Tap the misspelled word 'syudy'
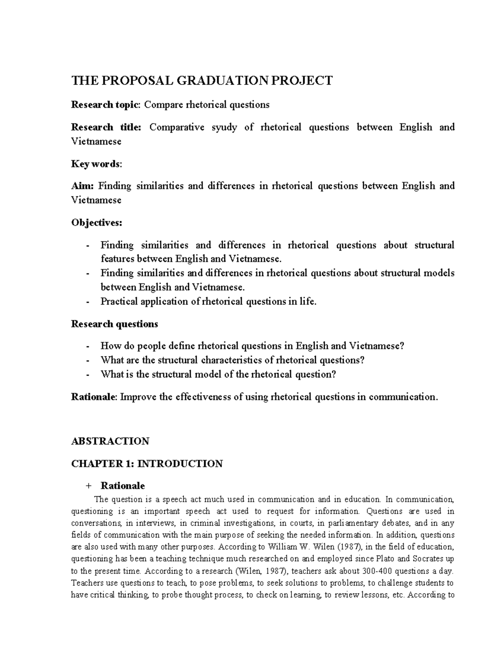click(x=225, y=127)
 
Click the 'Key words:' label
click(x=97, y=164)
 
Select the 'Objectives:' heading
click(x=97, y=223)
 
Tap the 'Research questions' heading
click(x=114, y=324)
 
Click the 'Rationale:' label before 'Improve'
click(x=94, y=397)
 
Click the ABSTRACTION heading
click(x=110, y=441)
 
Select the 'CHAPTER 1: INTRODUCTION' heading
click(x=147, y=463)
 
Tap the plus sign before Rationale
click(x=88, y=486)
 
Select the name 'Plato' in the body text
click(x=383, y=559)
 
